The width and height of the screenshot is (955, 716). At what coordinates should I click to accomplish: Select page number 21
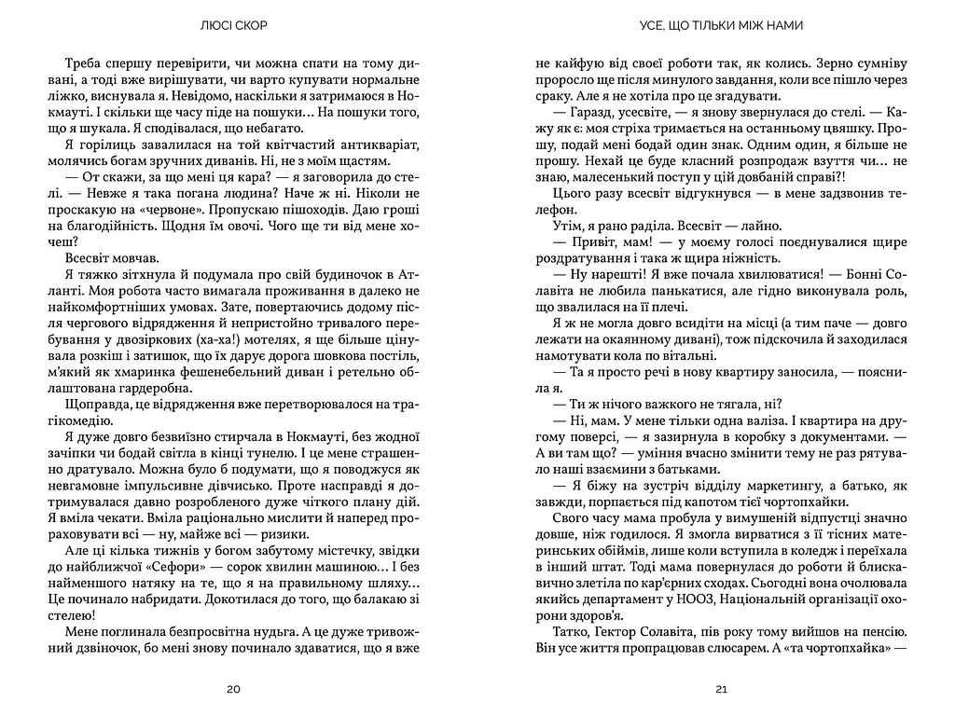coord(721,690)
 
